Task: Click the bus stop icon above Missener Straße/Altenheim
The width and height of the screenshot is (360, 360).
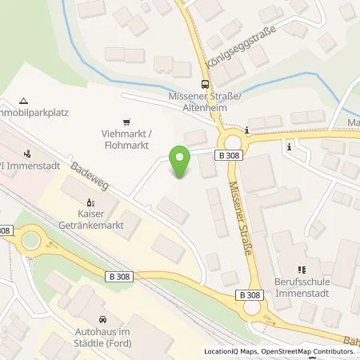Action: pyautogui.click(x=206, y=83)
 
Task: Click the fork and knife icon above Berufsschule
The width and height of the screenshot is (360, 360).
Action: pyautogui.click(x=302, y=270)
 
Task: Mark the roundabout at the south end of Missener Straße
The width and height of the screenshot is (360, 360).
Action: pyautogui.click(x=253, y=306)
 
